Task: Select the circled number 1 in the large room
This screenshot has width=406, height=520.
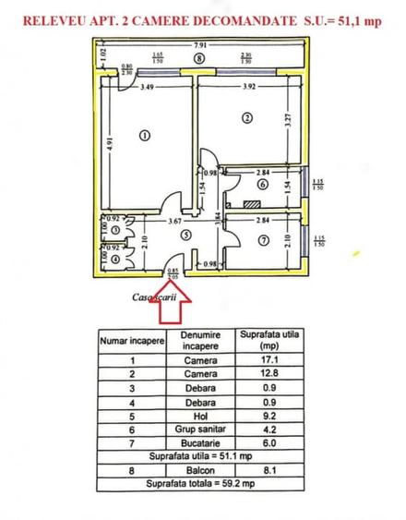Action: tap(144, 136)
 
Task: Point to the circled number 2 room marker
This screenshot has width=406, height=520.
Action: tap(246, 117)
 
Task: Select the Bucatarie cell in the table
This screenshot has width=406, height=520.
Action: tap(199, 443)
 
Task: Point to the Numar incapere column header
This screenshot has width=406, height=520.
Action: tap(132, 340)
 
